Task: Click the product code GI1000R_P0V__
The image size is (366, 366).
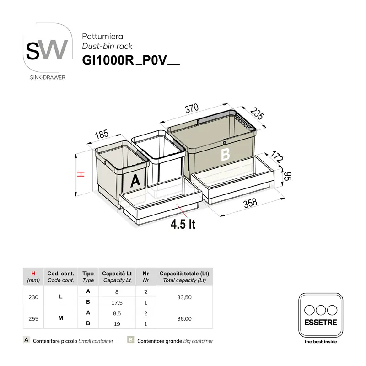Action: click(130, 61)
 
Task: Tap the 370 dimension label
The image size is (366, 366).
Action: click(191, 108)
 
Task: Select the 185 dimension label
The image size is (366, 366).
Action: click(101, 135)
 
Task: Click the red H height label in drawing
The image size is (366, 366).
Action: click(80, 174)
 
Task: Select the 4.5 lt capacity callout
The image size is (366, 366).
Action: click(183, 225)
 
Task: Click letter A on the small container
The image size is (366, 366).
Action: click(135, 181)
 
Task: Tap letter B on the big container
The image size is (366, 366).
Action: click(225, 155)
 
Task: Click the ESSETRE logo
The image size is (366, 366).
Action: click(320, 316)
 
